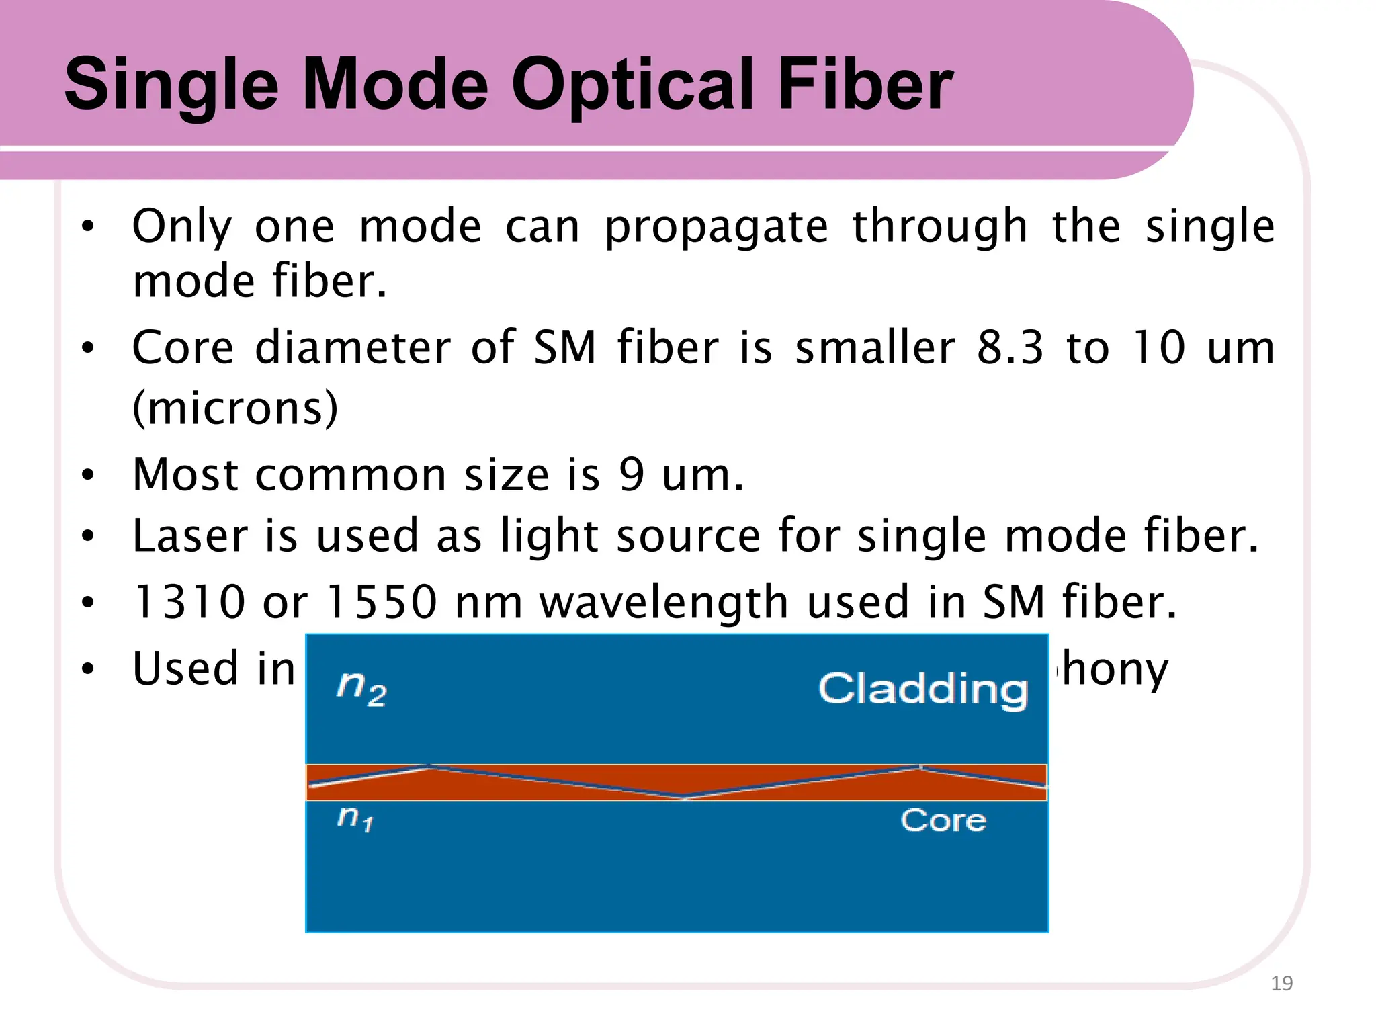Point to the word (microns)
click(235, 408)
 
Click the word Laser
click(189, 536)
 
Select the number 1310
click(189, 602)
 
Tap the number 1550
click(381, 602)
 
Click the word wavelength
click(664, 602)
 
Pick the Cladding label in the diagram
click(923, 689)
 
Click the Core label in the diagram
click(943, 820)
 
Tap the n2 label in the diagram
click(361, 688)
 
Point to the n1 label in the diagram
click(355, 818)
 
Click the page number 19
click(1282, 984)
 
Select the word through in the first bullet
click(940, 227)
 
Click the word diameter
click(353, 348)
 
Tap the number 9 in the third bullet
click(632, 475)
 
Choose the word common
click(350, 476)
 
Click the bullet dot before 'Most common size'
click(87, 476)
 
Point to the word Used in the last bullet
click(185, 669)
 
